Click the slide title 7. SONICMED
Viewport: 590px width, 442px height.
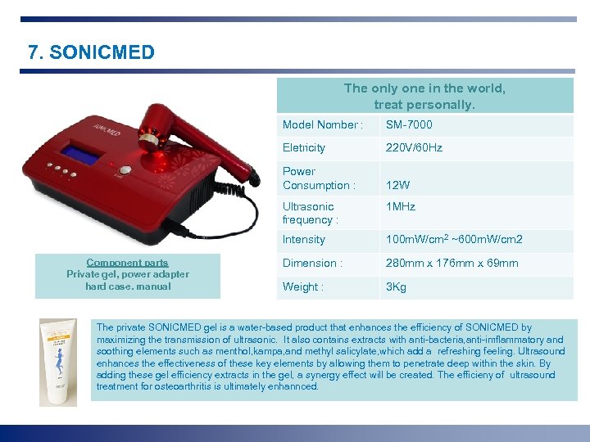coord(91,53)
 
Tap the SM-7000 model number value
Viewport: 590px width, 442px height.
coord(409,125)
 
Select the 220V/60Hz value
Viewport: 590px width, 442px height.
coord(414,148)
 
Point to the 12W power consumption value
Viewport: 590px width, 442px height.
coord(397,186)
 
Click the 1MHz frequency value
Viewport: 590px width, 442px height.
coord(400,207)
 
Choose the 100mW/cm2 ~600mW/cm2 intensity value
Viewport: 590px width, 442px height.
coord(454,240)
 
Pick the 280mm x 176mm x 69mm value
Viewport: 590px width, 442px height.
coord(452,264)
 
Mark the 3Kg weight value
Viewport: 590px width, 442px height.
coord(396,287)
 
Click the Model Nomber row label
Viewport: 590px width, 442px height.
coord(322,125)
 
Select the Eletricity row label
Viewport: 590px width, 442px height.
coord(303,148)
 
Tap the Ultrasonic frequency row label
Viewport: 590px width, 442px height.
coord(309,213)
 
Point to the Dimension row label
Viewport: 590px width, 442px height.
coord(312,264)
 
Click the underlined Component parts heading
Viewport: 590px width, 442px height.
coord(127,263)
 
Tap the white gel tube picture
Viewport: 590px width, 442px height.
coord(58,361)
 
